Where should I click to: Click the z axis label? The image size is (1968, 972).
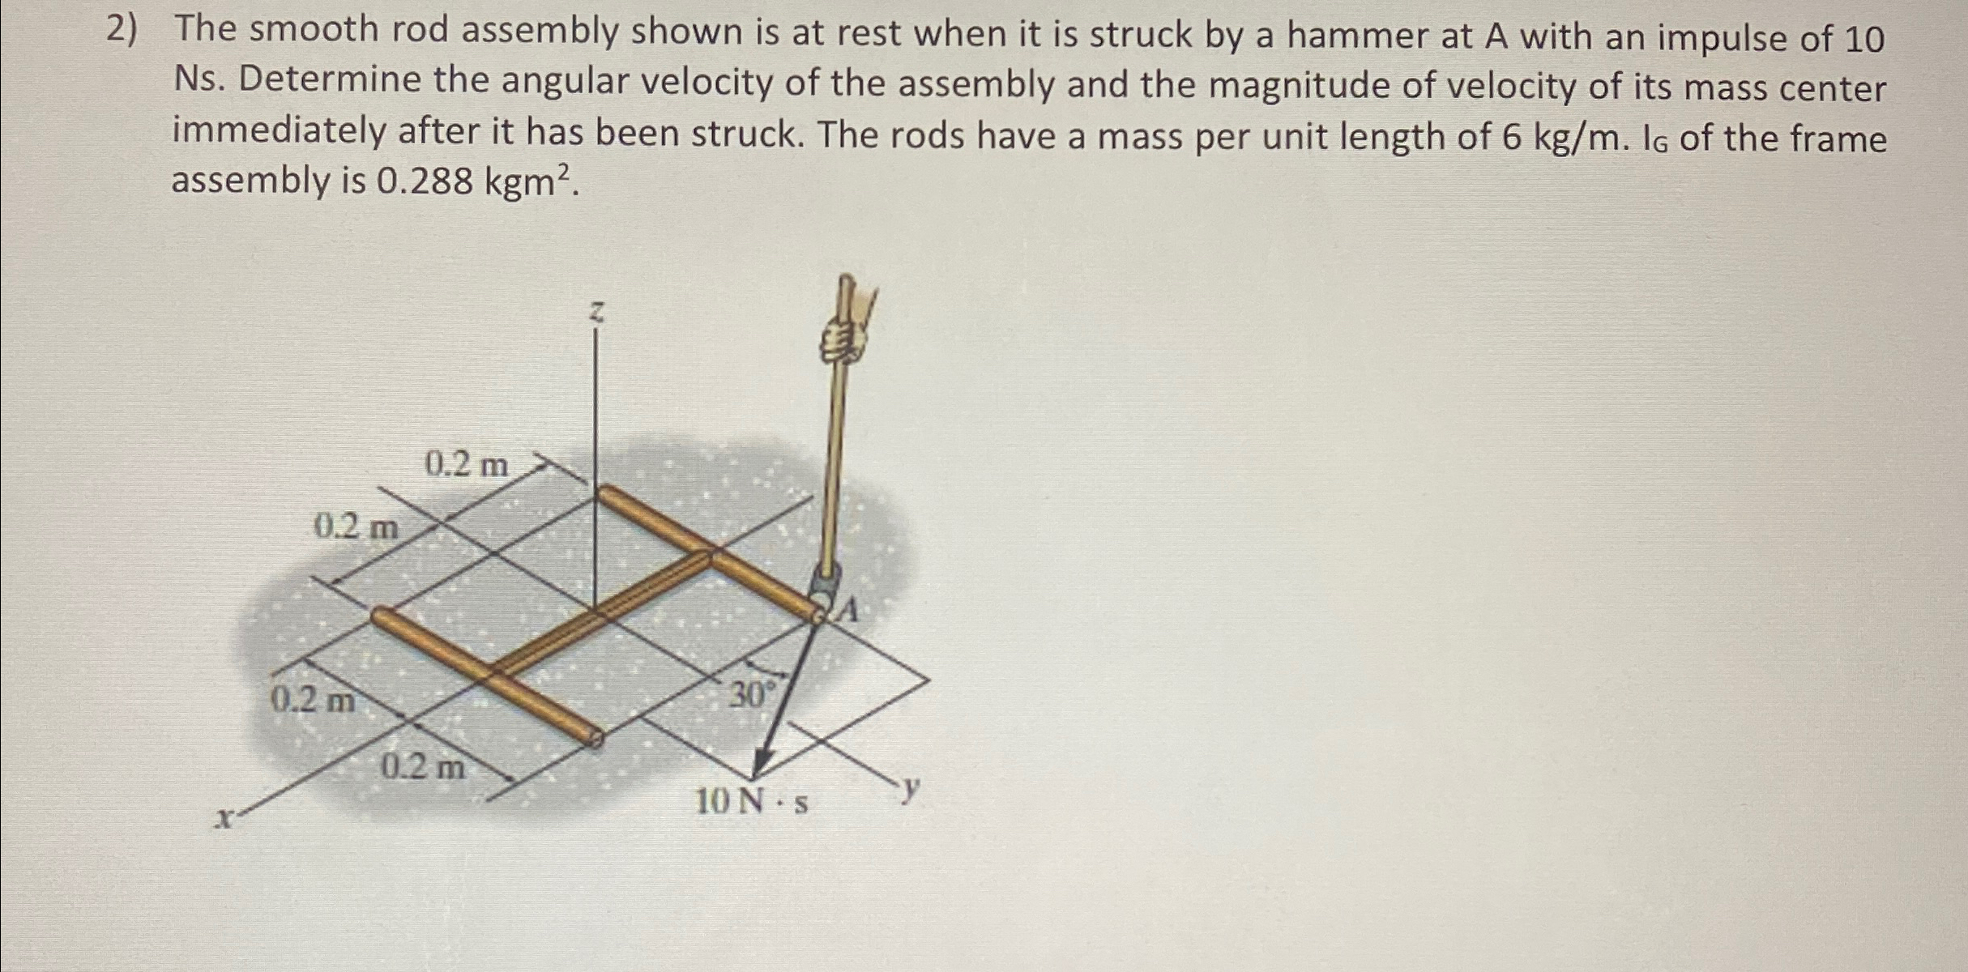click(x=597, y=313)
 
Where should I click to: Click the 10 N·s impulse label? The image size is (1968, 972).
click(x=751, y=802)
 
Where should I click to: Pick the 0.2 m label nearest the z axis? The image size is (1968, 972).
click(x=467, y=464)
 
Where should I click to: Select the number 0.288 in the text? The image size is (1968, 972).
click(x=425, y=181)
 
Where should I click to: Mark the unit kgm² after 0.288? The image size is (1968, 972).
click(x=531, y=181)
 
